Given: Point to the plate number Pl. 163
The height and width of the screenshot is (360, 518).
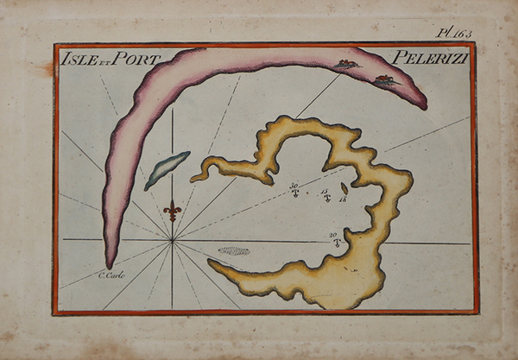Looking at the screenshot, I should (454, 33).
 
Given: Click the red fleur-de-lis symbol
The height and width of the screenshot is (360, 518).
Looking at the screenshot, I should (173, 210).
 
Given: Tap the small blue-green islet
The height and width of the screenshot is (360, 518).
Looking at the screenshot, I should (167, 169).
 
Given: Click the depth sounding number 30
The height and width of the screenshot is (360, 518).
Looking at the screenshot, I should (294, 185).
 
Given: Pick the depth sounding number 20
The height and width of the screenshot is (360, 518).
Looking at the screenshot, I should (332, 235).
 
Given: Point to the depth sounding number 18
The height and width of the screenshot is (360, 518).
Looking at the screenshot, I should (343, 199).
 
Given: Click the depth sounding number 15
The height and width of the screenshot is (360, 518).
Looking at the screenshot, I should (325, 191).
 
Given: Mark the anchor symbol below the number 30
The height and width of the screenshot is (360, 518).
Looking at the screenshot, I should (294, 193).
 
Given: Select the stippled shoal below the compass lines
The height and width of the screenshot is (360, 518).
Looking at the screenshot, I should (233, 251).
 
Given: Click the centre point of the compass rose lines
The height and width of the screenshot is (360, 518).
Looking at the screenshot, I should (173, 242).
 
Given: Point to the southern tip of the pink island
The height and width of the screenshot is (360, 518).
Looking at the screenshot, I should (110, 263).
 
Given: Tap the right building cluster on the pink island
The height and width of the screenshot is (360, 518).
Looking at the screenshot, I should (385, 80).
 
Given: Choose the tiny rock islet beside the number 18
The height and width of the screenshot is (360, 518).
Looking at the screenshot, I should (344, 187).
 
